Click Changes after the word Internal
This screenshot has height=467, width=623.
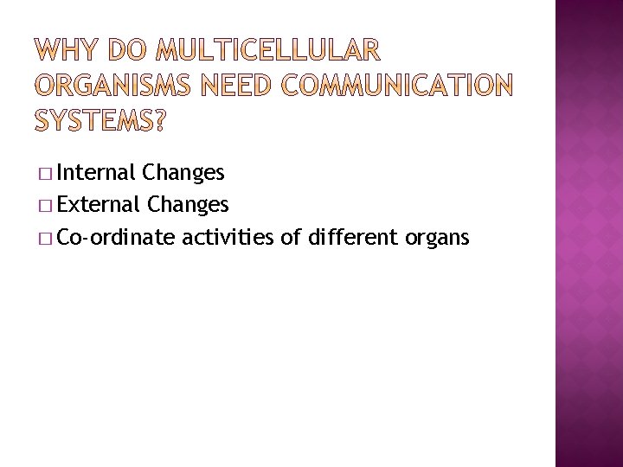coord(184,173)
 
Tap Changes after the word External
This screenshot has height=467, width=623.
coord(189,205)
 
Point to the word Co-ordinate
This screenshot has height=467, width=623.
coord(115,237)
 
